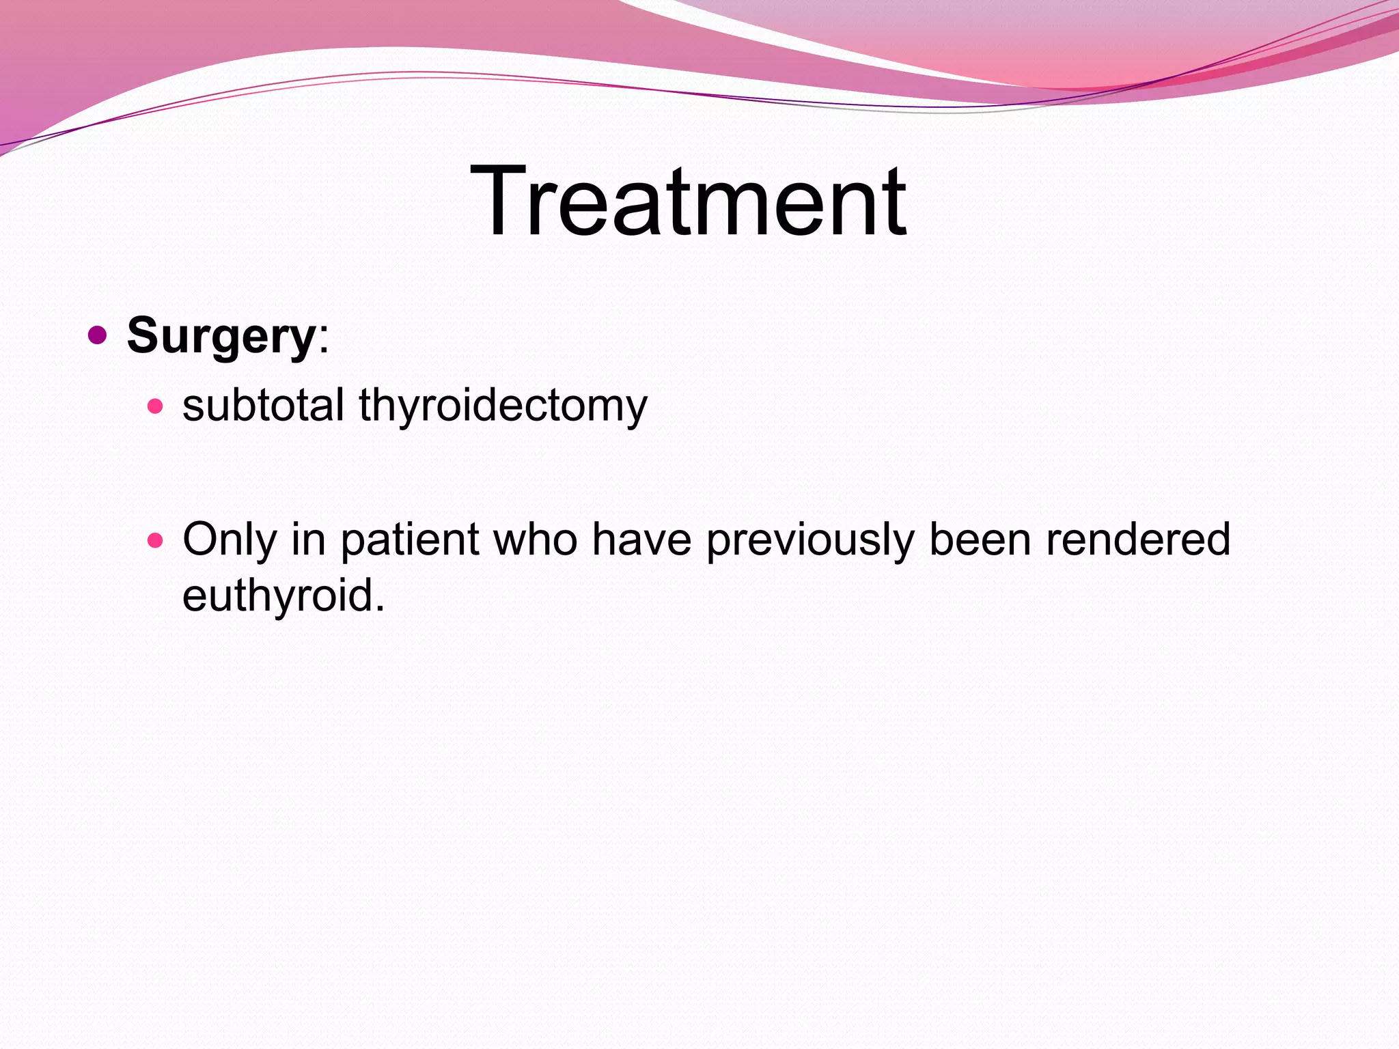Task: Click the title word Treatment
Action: point(688,201)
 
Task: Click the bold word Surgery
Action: point(220,336)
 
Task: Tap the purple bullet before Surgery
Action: point(98,335)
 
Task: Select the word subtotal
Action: point(263,405)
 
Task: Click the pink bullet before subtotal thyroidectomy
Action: point(156,407)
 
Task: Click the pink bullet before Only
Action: point(156,541)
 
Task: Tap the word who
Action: point(536,540)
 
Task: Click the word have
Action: point(641,540)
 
